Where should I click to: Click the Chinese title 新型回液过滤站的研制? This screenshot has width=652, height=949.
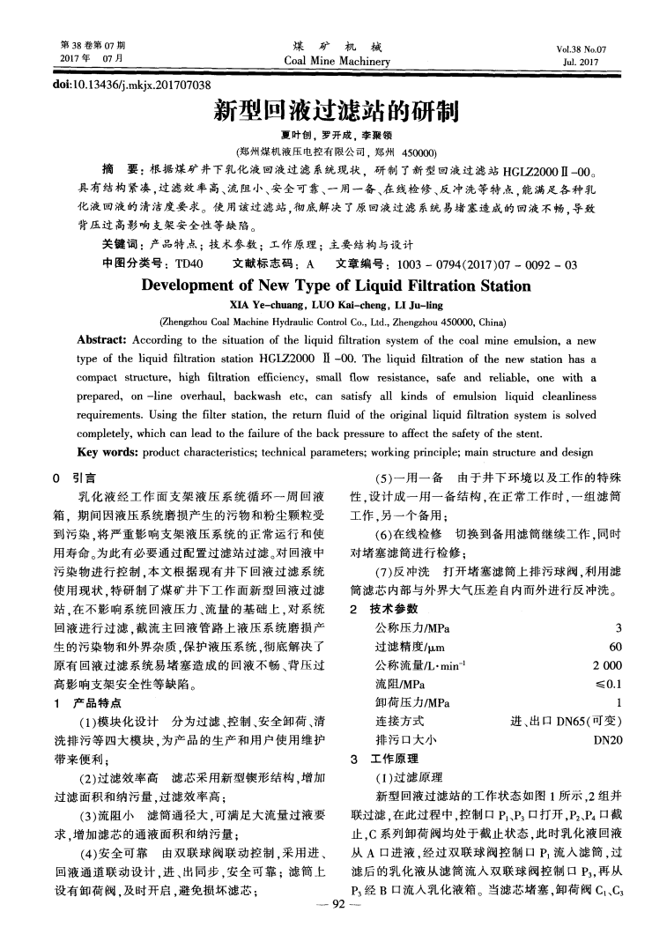[326, 111]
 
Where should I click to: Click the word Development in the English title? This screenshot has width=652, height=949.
[192, 285]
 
